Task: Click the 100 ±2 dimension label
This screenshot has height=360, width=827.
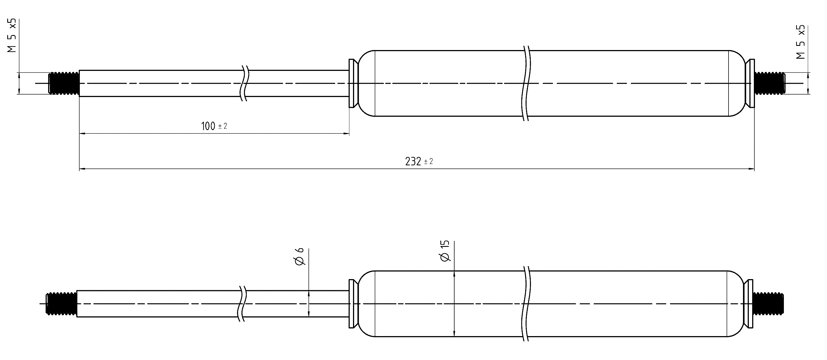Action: pos(214,126)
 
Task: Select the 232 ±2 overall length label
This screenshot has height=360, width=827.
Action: pos(419,162)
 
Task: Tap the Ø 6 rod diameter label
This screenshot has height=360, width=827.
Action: pos(300,257)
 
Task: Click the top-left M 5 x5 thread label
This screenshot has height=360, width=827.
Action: pos(12,36)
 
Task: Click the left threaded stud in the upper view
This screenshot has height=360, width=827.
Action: pos(64,83)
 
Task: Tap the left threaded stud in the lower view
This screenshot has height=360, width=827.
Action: pos(61,304)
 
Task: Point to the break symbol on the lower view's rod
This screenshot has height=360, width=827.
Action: pos(243,304)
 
